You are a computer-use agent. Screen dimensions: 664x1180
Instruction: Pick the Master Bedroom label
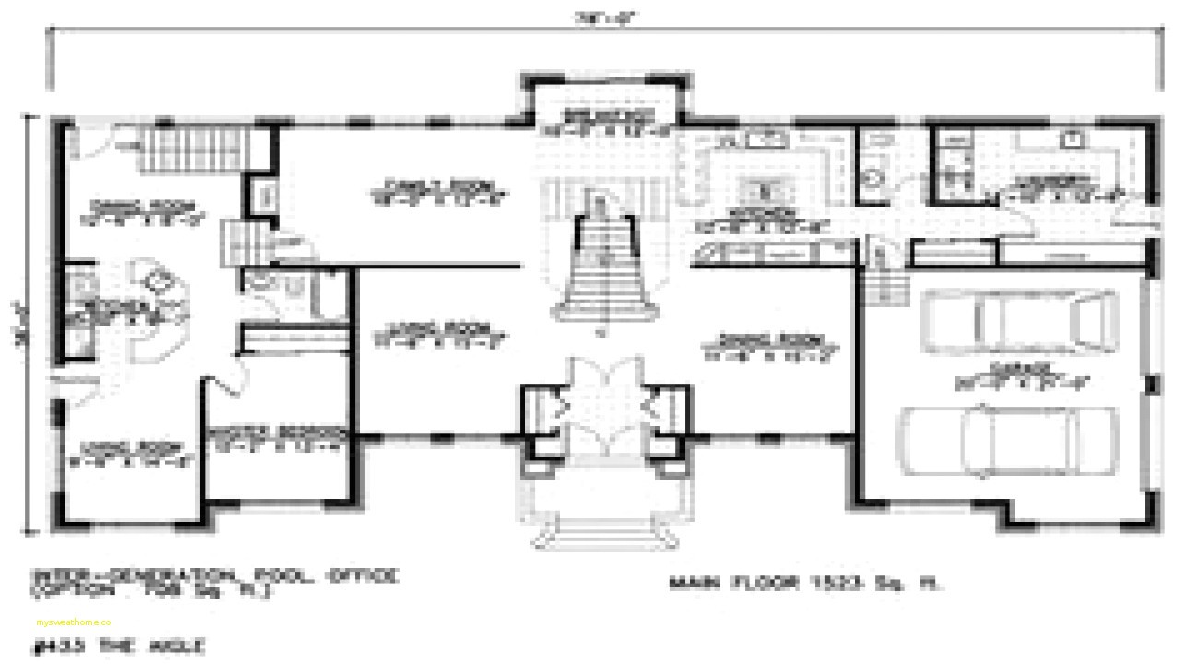pyautogui.click(x=277, y=436)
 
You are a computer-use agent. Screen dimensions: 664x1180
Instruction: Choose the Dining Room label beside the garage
pyautogui.click(x=771, y=343)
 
